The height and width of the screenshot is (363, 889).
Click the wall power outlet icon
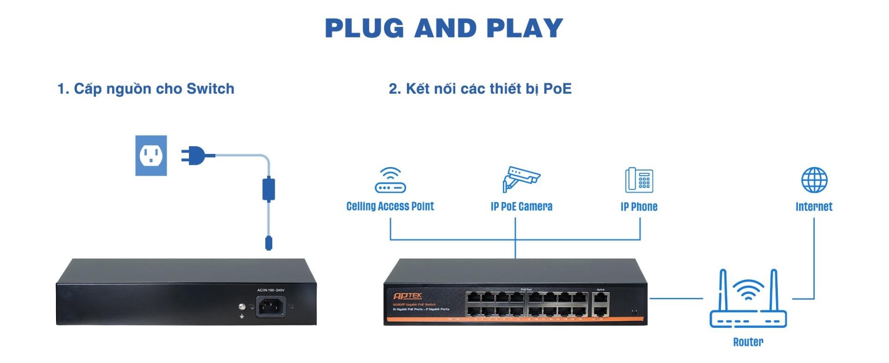click(x=151, y=155)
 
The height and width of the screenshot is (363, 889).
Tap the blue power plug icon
click(x=197, y=155)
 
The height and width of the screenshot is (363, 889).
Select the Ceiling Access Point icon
click(x=390, y=180)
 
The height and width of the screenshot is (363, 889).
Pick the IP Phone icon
click(x=639, y=180)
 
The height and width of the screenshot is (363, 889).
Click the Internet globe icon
click(x=814, y=180)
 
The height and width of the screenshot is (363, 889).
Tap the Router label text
click(x=748, y=342)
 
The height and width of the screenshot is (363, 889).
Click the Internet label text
click(x=814, y=207)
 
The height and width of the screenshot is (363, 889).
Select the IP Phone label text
click(x=639, y=207)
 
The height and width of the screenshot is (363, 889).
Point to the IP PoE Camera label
click(x=521, y=207)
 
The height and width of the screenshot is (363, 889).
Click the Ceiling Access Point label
click(x=390, y=206)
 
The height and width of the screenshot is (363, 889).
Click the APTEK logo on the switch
click(x=407, y=296)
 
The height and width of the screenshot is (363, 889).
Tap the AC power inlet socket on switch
click(x=271, y=307)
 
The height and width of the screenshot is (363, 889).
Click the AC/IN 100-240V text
click(x=271, y=290)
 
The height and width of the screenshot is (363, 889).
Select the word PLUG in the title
click(x=364, y=28)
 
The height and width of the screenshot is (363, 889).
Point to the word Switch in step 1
click(x=210, y=89)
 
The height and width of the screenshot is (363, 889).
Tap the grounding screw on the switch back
click(x=241, y=307)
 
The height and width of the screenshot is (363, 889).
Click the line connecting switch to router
click(x=676, y=298)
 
